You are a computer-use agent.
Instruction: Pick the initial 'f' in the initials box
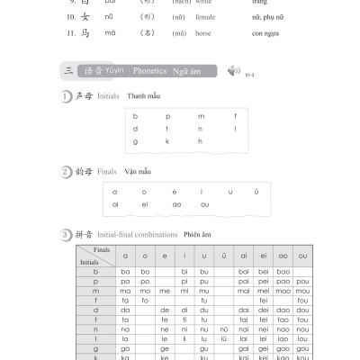coord(234,116)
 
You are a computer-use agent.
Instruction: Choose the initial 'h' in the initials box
coord(201,141)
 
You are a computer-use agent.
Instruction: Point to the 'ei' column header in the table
coord(262,256)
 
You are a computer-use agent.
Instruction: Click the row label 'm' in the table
coord(95,291)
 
